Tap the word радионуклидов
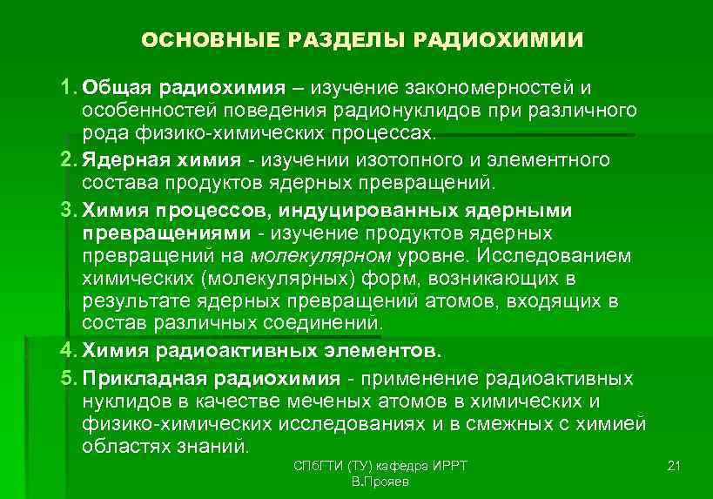pos(407,111)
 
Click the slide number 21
pos(672,467)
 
